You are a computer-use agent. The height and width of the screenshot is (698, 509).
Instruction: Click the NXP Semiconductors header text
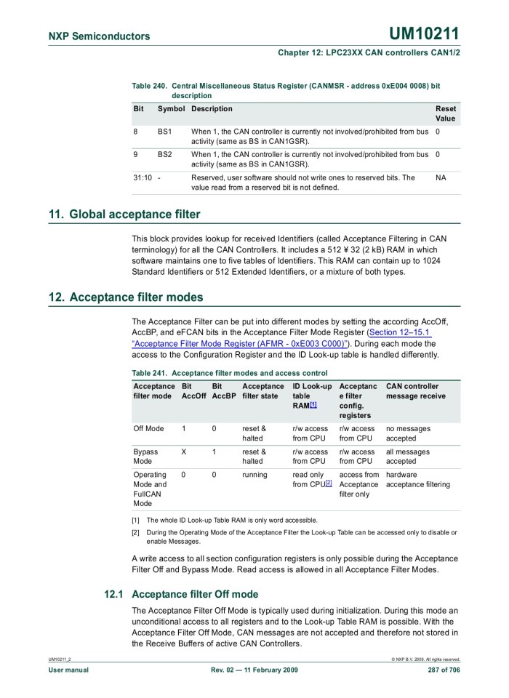100,36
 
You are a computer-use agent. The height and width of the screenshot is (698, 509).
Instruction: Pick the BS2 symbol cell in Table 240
164,154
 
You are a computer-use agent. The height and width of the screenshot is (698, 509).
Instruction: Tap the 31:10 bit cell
143,177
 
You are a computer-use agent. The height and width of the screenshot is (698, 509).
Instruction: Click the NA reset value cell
441,177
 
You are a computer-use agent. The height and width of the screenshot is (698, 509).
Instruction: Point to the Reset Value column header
446,113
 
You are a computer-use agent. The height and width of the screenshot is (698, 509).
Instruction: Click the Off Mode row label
149,429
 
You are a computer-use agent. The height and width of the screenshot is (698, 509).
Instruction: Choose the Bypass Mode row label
145,457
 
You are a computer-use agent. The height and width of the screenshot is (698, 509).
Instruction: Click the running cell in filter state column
254,475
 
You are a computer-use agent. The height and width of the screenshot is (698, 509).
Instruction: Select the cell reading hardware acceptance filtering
417,480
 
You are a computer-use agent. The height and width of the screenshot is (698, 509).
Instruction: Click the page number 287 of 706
444,670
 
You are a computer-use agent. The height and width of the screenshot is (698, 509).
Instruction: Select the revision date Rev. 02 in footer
254,670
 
